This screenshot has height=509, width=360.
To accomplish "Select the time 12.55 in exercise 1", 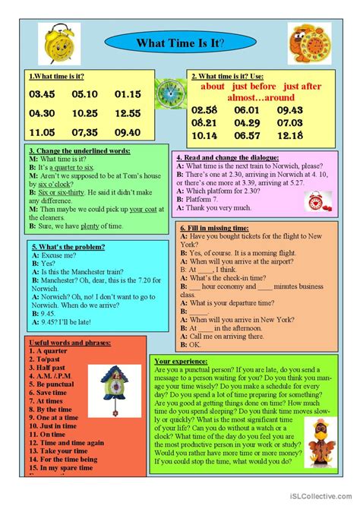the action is click(x=128, y=112).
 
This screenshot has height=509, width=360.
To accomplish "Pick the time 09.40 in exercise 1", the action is click(x=128, y=131).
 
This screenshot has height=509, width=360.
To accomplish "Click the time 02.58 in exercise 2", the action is click(x=205, y=111).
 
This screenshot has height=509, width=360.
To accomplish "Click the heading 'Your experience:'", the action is click(x=180, y=361).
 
